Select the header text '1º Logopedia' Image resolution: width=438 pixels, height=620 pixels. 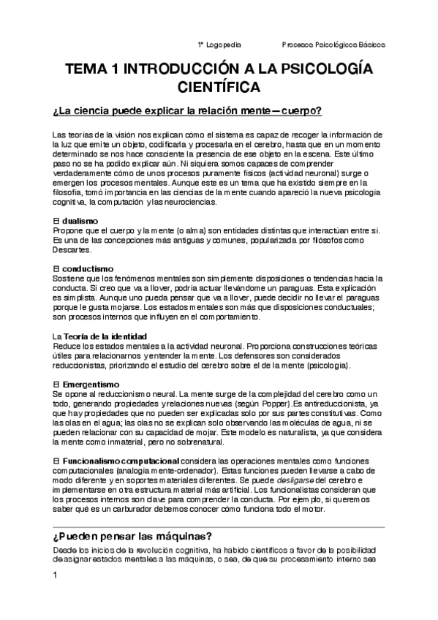[x=219, y=44]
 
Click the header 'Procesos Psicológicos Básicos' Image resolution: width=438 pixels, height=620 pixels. [x=334, y=44]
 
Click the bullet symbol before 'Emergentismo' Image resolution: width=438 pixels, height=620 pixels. [x=56, y=384]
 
